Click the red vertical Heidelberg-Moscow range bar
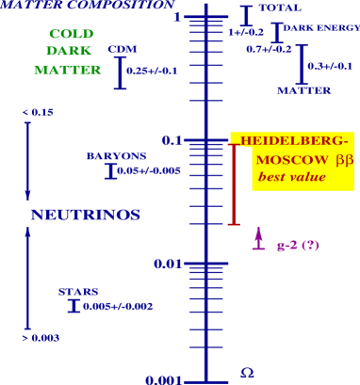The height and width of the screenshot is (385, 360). pos(235,183)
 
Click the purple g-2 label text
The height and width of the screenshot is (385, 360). pos(298,246)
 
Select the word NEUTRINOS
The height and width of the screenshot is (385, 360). pos(85,215)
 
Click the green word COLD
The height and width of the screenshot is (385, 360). pos(72,34)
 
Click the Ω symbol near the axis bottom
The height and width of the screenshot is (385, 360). pos(246,373)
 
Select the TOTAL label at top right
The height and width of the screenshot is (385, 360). pos(274,8)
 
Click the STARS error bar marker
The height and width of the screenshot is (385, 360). pos(75,306)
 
